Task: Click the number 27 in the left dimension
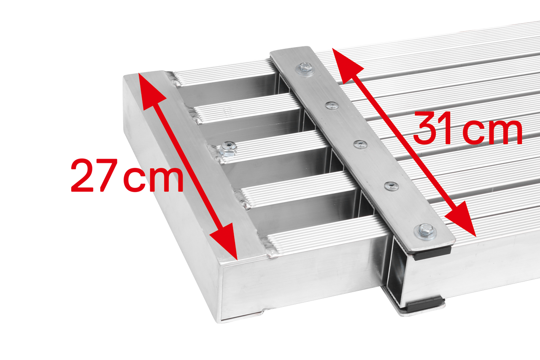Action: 94,175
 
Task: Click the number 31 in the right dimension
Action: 432,128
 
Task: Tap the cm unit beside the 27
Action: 154,179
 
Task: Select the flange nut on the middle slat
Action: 228,149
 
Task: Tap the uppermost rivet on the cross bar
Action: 332,106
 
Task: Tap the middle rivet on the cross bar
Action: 360,145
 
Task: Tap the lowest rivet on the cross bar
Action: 391,186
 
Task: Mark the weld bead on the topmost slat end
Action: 175,78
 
